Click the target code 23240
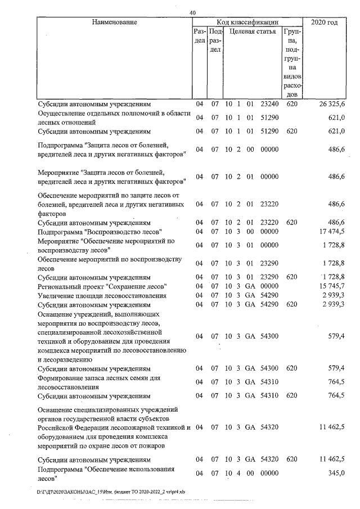(269, 104)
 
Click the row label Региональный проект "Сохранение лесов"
(102, 286)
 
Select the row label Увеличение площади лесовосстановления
(102, 295)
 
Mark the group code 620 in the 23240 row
(291, 104)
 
